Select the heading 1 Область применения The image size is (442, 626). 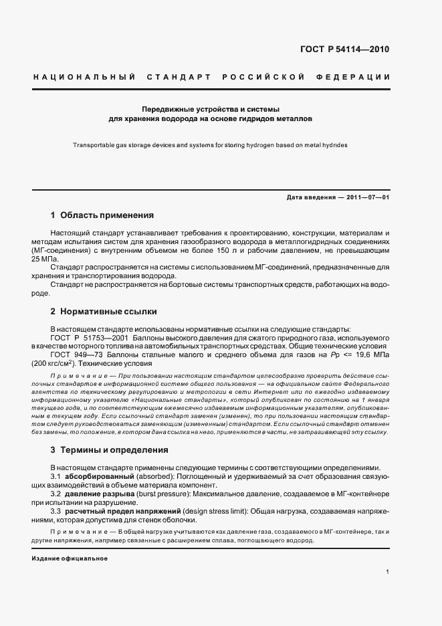pos(102,215)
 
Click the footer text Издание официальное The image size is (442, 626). pos(70,558)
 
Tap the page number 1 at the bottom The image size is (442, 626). pos(388,571)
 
